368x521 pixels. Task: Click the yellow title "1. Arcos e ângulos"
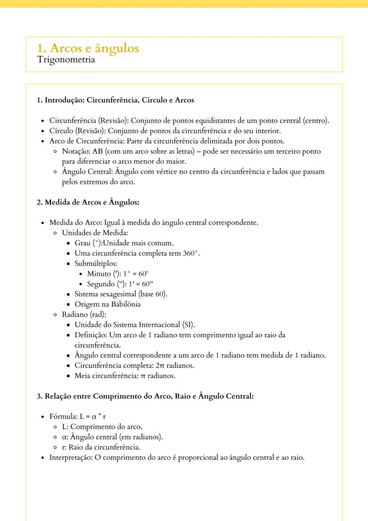(x=88, y=48)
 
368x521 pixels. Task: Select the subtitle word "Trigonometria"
(x=66, y=60)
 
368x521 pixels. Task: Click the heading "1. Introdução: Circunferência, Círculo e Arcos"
(x=115, y=100)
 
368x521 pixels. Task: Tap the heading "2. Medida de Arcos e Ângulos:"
(x=88, y=202)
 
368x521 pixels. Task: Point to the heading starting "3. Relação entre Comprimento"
(x=145, y=396)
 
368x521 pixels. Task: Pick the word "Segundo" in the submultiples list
(x=100, y=284)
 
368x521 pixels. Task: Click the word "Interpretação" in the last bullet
(x=69, y=457)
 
